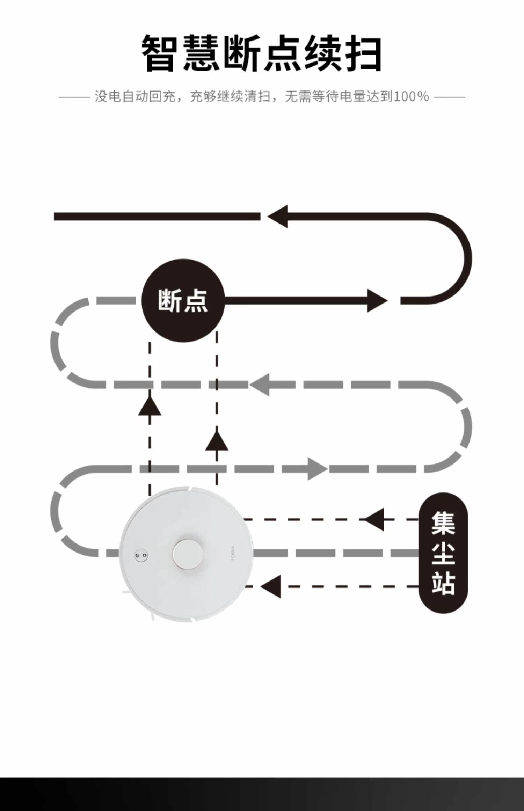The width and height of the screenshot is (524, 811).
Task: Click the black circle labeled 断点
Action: click(x=183, y=300)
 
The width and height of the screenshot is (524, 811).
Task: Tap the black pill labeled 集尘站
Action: click(x=443, y=553)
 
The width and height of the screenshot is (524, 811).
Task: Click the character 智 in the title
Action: click(x=159, y=53)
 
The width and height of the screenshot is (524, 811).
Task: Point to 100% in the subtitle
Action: click(x=412, y=96)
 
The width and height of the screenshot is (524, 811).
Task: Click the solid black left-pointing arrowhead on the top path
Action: click(x=278, y=217)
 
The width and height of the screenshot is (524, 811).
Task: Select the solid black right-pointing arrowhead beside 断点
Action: click(x=377, y=300)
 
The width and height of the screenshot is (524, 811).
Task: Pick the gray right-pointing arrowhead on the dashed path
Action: click(x=317, y=469)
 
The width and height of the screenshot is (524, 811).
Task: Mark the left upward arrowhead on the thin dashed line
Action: click(x=150, y=407)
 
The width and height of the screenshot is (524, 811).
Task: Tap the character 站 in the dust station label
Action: click(x=443, y=583)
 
